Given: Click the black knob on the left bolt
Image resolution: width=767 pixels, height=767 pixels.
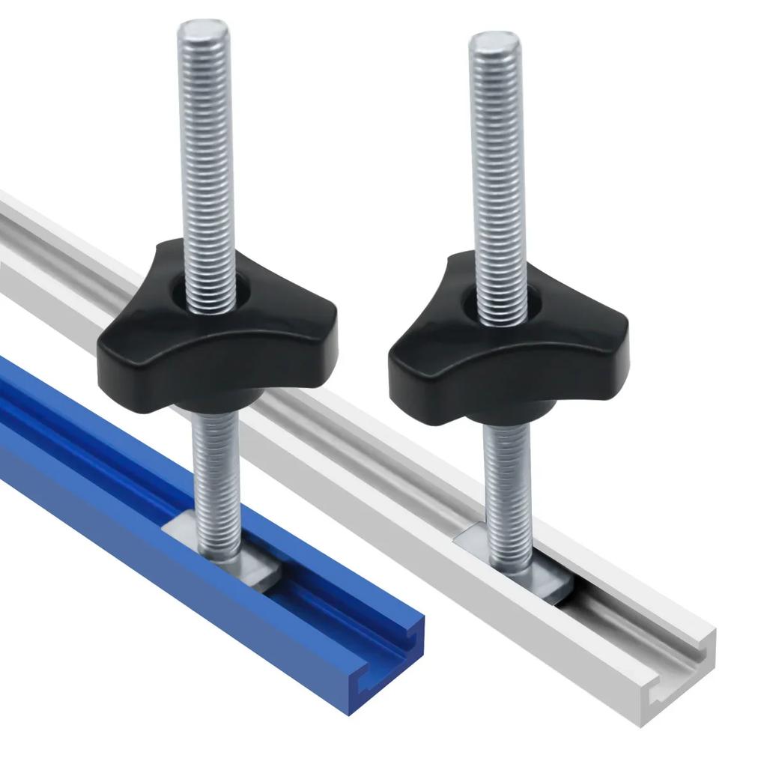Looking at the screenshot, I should click(x=217, y=337).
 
